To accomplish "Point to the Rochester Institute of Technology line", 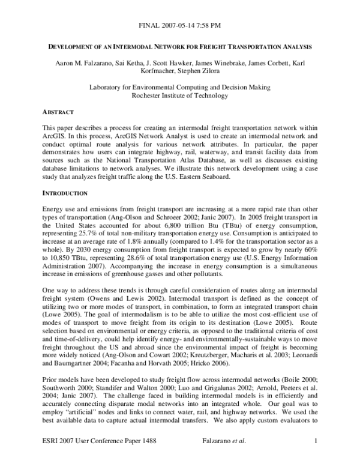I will point(179,95).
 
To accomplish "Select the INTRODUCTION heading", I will point(67,194).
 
